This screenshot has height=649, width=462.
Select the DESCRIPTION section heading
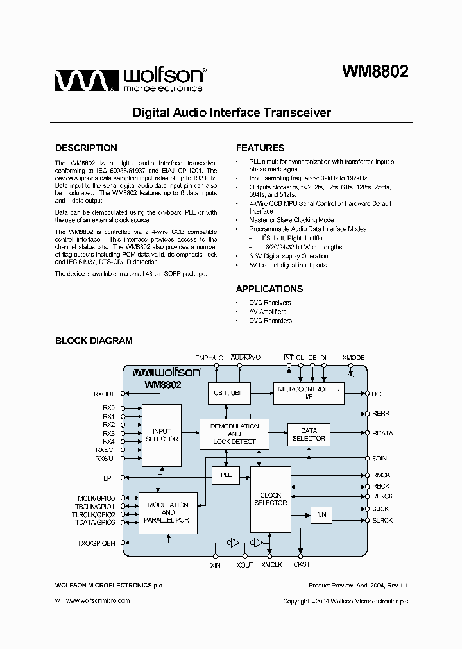point(86,148)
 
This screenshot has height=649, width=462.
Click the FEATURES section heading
point(260,148)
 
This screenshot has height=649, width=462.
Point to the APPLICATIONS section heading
point(269,289)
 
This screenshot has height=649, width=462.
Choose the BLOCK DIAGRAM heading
point(94,341)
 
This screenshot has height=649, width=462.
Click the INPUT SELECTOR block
point(162,435)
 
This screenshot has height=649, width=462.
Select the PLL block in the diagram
point(226,475)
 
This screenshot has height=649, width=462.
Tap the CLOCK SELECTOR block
point(271,499)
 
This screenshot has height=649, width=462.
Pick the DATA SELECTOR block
point(309,434)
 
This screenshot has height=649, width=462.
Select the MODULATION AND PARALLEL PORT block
point(168,512)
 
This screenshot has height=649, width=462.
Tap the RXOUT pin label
point(104,394)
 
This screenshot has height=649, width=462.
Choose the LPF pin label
point(109,478)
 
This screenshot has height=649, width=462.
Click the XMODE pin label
point(354,357)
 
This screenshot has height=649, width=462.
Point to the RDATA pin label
point(382,433)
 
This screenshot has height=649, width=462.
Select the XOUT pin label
point(244,565)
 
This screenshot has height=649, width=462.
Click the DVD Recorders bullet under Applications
point(270,321)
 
